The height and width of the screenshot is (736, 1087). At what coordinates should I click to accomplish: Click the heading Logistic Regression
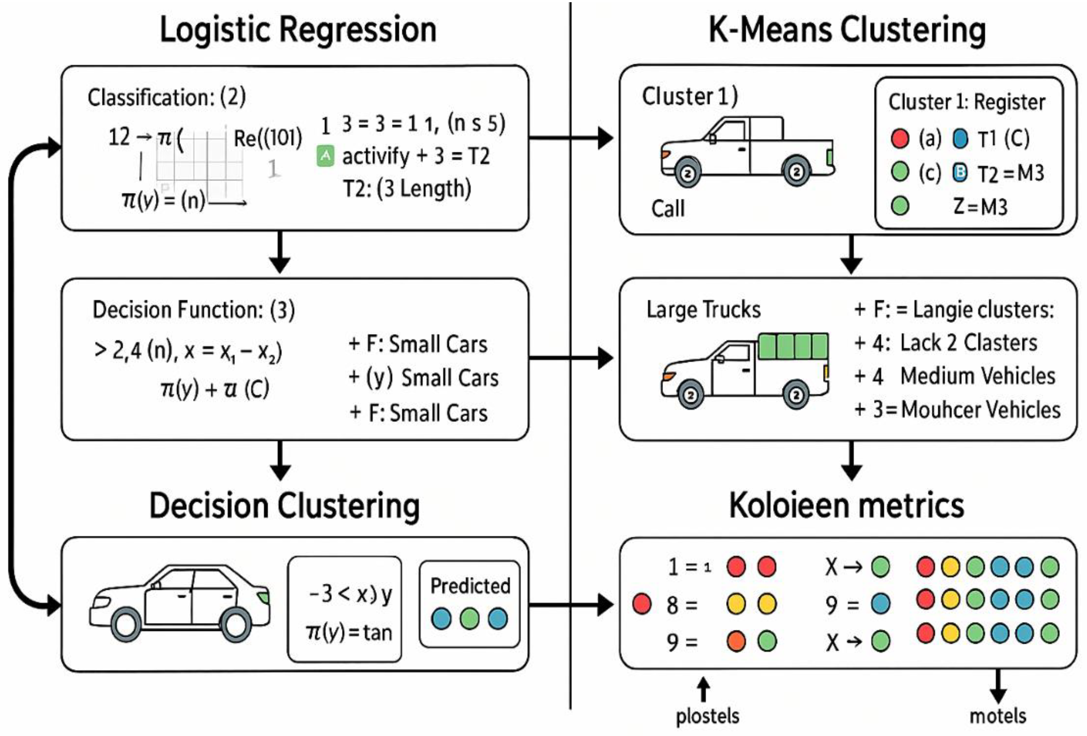[298, 29]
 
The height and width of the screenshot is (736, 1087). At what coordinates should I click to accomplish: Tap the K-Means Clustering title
[847, 29]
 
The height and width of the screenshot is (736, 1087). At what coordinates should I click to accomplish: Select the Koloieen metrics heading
[847, 506]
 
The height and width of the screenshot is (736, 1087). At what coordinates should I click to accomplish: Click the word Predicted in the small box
[470, 586]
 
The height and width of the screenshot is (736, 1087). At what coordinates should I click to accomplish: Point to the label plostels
[707, 716]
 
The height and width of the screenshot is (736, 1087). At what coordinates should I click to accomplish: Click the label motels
[998, 716]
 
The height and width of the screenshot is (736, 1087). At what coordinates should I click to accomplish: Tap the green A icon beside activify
[325, 156]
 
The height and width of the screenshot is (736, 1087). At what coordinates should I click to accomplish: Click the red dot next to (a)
[899, 138]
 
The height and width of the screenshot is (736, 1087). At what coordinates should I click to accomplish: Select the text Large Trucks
[703, 309]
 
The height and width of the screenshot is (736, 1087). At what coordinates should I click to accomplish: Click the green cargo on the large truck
[793, 346]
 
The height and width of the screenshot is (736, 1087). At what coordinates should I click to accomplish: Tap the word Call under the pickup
[668, 209]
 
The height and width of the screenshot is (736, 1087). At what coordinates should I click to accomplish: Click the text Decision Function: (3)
[194, 310]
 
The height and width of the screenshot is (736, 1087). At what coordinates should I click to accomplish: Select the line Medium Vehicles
[978, 376]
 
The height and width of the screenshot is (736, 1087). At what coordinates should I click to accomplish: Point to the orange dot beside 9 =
[736, 641]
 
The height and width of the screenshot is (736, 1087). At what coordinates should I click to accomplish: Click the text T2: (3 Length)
[407, 189]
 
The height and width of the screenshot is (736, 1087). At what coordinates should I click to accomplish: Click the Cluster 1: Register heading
[966, 102]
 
